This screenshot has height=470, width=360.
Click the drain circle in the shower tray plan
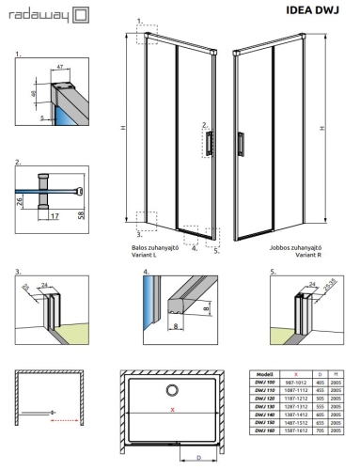coord(172,390)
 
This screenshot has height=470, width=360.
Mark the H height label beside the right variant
coord(323,129)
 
